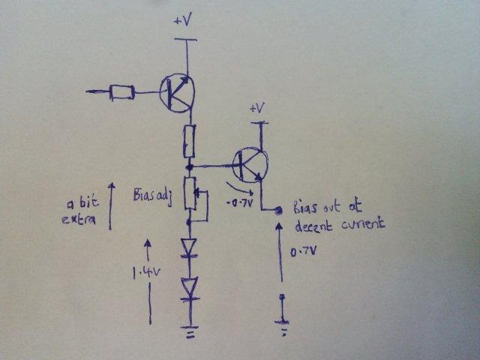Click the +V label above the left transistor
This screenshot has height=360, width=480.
[x=182, y=22]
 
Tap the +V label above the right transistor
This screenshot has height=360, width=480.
[x=257, y=109]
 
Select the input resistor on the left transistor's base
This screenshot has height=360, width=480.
[x=121, y=92]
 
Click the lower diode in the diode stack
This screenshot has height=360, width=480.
[x=189, y=286]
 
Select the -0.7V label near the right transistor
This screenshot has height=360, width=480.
[x=238, y=202]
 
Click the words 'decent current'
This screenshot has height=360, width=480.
[x=339, y=223]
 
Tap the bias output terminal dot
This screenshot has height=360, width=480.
[x=279, y=211]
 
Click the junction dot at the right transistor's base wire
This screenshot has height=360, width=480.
[x=190, y=163]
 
